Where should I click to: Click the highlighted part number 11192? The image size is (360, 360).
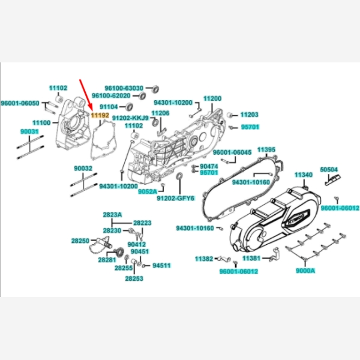100,113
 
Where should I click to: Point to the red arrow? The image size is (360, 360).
85,94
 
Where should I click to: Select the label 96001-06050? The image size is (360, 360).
20,103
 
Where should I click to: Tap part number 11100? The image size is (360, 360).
41,122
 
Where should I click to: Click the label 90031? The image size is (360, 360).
29,131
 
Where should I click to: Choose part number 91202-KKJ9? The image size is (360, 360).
130,118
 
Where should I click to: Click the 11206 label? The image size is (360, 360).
160,113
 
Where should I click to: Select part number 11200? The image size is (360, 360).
212,98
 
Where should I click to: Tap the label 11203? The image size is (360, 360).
249,115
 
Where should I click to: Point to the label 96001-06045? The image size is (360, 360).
232,152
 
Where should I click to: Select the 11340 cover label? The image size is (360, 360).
304,174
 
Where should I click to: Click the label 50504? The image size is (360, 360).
329,170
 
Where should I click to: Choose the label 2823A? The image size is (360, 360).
112,214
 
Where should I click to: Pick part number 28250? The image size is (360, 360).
80,241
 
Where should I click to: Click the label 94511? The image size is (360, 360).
161,265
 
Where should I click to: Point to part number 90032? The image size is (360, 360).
83,169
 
